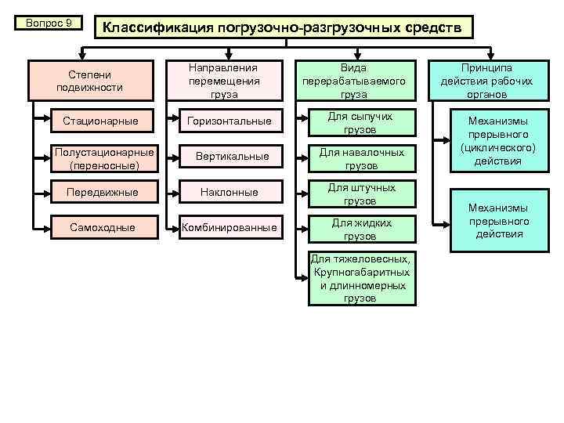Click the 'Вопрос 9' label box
coord(49,23)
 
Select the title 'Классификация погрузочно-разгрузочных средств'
coord(284,28)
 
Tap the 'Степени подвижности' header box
coord(95,81)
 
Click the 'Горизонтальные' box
coord(230,121)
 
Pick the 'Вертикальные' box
coord(230,157)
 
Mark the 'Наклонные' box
coord(230,192)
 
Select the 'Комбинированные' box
coord(230,228)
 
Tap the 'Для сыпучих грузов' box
coord(360,122)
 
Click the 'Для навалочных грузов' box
coord(360,159)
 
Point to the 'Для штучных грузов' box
coord(360,193)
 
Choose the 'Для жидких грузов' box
coord(360,230)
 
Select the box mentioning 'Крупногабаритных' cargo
coord(360,278)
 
